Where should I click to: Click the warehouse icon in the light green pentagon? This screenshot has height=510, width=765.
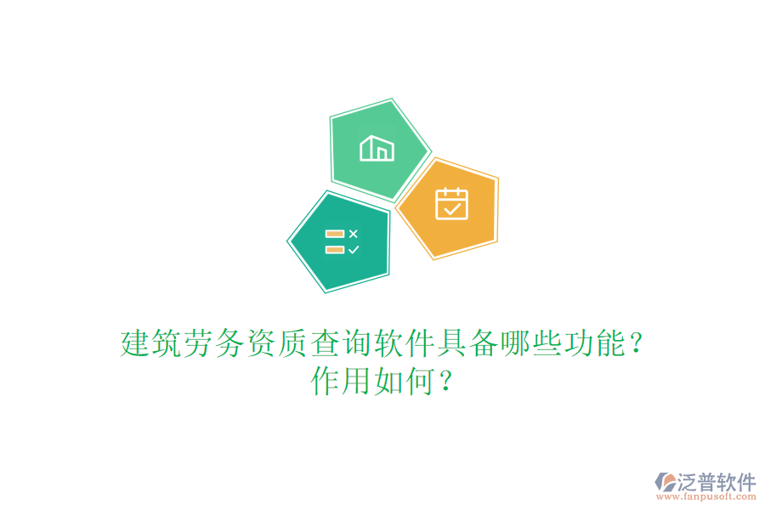pos(377,149)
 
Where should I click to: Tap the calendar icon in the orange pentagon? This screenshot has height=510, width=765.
pos(451,204)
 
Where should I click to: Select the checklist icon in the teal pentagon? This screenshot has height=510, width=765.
pos(342,241)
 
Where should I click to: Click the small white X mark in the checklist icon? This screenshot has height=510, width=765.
pos(354,233)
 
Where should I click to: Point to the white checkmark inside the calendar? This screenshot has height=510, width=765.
pos(452,207)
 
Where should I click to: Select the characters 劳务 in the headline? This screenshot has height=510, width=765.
pos(214,344)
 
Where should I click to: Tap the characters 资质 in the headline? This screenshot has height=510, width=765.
pos(277,344)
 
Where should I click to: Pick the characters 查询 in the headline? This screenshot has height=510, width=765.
pos(340,344)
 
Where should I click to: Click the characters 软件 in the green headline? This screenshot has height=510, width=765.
pos(403,344)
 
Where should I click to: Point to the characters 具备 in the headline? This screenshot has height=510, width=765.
pos(466,344)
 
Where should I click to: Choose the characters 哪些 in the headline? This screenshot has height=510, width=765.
pos(529,344)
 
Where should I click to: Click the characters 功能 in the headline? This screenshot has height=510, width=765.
pos(592,344)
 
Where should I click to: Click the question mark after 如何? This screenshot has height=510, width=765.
pos(445,382)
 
